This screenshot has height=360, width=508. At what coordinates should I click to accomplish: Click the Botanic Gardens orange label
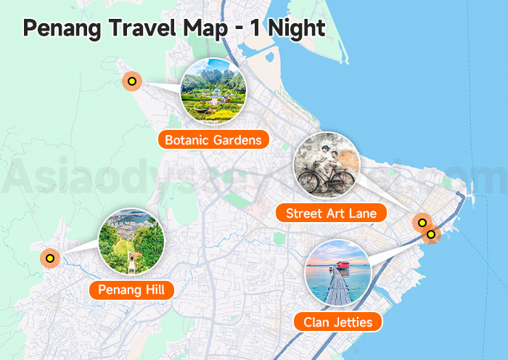(213, 139)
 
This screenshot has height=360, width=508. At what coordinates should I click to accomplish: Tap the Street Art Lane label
(330, 213)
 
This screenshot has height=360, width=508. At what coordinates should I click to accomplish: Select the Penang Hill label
(131, 290)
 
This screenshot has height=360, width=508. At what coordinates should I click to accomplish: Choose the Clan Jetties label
(337, 322)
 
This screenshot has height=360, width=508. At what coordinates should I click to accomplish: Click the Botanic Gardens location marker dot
(131, 81)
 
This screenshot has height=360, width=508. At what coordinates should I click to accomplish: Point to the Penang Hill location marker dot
(49, 257)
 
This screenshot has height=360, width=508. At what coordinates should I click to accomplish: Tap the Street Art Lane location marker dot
(421, 222)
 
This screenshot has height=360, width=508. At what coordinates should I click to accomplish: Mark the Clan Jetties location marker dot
(431, 234)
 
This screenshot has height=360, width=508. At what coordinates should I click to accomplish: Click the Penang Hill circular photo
(131, 242)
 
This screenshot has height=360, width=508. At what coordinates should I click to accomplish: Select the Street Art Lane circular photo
(327, 165)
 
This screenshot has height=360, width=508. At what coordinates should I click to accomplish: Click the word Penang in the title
(62, 28)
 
